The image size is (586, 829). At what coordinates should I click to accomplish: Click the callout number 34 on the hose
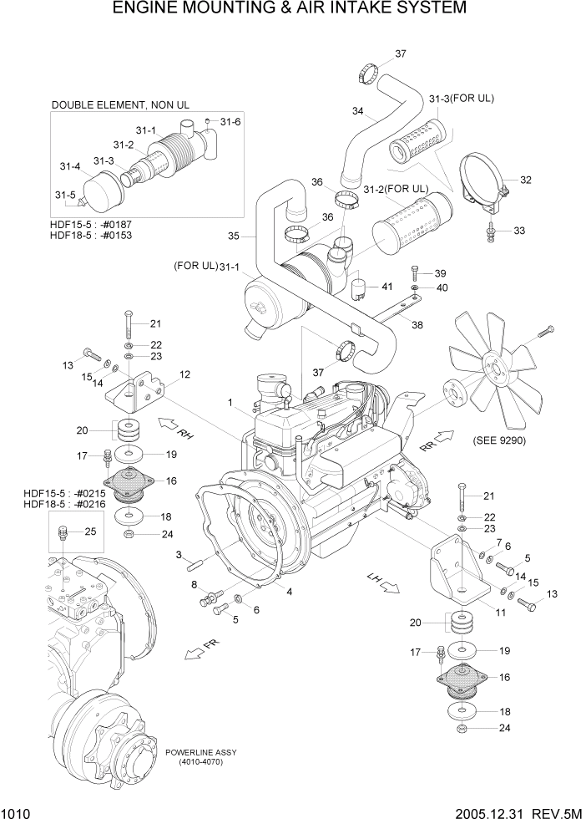(x=357, y=111)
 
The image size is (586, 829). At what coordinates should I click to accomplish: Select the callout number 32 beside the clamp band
(x=525, y=180)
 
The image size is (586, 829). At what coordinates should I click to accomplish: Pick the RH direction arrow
(x=175, y=428)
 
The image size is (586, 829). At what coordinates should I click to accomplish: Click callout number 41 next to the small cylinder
(x=386, y=287)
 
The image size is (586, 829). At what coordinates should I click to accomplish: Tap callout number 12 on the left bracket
(x=184, y=374)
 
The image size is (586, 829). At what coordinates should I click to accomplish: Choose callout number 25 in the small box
(x=90, y=531)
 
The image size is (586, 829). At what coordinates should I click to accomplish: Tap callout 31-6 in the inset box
(x=230, y=122)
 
